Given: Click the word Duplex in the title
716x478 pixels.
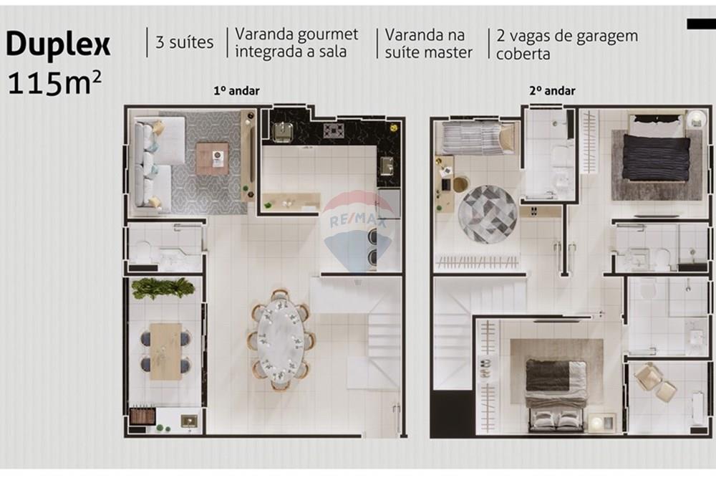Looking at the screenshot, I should click(58, 44).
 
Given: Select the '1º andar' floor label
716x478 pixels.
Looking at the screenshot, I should click(236, 91).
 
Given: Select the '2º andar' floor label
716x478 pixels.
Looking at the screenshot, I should click(552, 91).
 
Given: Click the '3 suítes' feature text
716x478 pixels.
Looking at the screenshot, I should click(184, 42).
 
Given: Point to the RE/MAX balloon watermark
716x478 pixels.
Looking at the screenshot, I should click(358, 226).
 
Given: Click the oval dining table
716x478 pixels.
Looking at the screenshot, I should click(281, 339).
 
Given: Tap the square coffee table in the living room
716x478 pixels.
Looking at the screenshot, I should click(212, 158).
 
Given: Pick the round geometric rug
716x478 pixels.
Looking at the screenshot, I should click(488, 214).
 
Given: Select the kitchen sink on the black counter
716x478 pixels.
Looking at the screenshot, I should click(282, 133).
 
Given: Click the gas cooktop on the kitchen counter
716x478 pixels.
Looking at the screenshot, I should click(334, 130).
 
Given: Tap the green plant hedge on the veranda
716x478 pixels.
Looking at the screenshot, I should click(163, 287).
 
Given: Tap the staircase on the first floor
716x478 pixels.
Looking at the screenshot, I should click(376, 337).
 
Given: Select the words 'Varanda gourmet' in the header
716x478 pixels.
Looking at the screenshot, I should click(296, 34).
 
